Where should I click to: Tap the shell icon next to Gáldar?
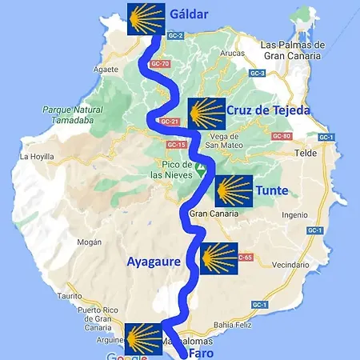point(146,17)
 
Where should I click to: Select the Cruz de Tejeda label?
point(267,110)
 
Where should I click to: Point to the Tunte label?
point(271,191)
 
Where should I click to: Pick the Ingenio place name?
point(294,214)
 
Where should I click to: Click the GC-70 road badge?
point(160,63)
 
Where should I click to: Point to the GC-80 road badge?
point(281,136)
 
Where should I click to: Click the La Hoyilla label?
point(35,157)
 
